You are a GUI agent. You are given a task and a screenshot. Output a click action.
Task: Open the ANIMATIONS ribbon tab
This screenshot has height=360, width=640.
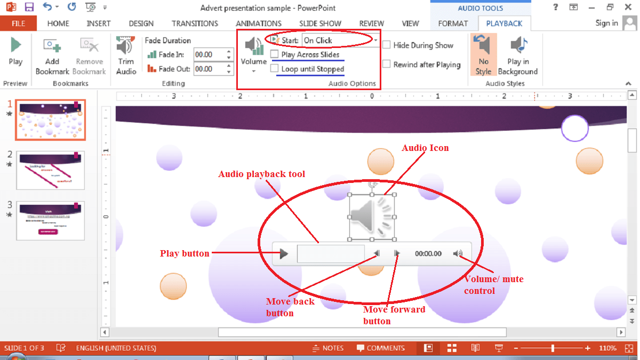[259, 23]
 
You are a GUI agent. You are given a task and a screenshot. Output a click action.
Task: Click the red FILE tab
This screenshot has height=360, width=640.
[19, 23]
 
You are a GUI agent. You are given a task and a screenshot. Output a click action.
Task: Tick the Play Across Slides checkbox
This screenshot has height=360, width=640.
[274, 54]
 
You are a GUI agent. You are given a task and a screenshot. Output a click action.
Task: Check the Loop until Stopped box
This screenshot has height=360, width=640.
[274, 69]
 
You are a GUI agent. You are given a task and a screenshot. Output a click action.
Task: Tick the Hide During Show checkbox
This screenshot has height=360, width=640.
[386, 45]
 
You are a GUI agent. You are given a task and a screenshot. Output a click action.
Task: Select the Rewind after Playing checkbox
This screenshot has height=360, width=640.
[386, 65]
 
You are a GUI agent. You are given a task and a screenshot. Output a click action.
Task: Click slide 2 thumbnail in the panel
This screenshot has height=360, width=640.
[50, 170]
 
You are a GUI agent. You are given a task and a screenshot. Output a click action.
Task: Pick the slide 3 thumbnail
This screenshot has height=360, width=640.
[50, 221]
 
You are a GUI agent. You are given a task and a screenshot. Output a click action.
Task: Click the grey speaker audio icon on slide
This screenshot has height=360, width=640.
[372, 217]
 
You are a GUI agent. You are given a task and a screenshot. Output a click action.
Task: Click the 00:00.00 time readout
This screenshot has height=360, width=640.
[428, 254]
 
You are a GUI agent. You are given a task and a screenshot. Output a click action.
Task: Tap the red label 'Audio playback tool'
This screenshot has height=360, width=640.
[262, 174]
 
